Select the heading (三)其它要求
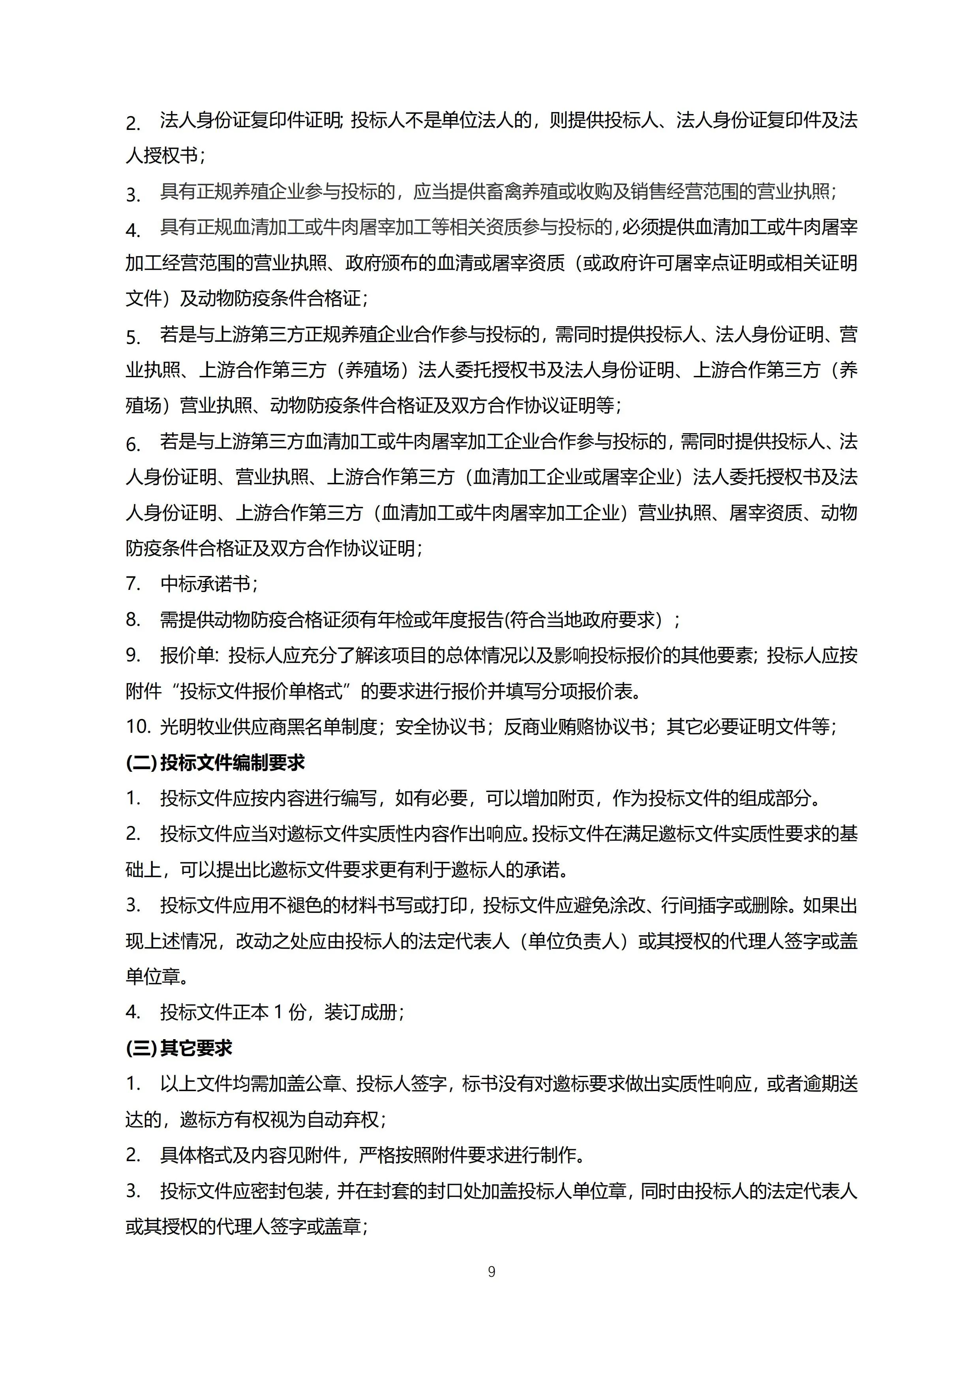point(179,1048)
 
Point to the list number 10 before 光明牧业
point(137,727)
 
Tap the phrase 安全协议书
point(440,727)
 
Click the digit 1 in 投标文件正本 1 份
point(278,1013)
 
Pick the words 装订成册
point(361,1013)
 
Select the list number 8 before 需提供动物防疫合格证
point(133,619)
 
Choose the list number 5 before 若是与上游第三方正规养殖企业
point(133,335)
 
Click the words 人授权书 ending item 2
point(162,156)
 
